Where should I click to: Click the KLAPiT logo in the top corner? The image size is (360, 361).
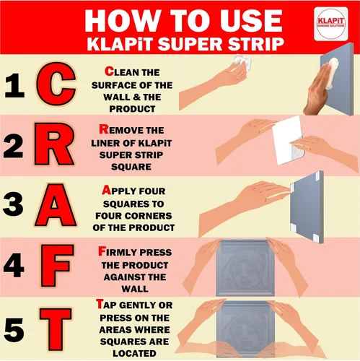331,24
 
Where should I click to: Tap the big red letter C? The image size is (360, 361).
56,84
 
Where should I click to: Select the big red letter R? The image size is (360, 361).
54,144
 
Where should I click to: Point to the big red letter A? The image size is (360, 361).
56,205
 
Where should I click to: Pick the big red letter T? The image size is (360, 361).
56,329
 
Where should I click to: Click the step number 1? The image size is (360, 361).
14,85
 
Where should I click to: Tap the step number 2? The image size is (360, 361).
14,146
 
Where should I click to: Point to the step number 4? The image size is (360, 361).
14,266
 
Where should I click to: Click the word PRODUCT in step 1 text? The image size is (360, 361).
132,109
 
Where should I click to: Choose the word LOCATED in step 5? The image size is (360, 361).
134,354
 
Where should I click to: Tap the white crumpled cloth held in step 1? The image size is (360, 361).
241,63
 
